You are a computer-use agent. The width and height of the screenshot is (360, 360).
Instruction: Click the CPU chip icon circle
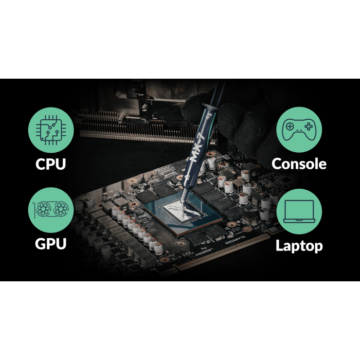pyautogui.click(x=51, y=130)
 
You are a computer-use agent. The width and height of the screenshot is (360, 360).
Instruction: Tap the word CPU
pyautogui.click(x=51, y=164)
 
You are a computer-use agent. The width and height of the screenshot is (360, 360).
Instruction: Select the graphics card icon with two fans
pyautogui.click(x=51, y=209)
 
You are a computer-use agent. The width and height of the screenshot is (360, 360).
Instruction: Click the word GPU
pyautogui.click(x=51, y=244)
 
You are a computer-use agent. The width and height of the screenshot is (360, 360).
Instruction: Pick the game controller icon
pyautogui.click(x=299, y=130)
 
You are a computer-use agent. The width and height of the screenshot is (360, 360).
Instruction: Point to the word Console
pyautogui.click(x=299, y=164)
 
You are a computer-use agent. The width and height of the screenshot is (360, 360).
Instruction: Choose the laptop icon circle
pyautogui.click(x=299, y=211)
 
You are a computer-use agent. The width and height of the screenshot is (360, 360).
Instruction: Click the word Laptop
pyautogui.click(x=299, y=246)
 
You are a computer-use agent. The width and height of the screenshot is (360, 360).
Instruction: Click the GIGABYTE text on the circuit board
pyautogui.click(x=235, y=240)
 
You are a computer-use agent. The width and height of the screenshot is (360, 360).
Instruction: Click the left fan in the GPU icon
pyautogui.click(x=43, y=209)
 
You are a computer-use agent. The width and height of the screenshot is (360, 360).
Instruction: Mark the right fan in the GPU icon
pyautogui.click(x=61, y=209)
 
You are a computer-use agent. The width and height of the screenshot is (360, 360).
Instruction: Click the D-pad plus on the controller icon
pyautogui.click(x=290, y=127)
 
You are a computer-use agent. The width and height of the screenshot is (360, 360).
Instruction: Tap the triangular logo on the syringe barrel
pyautogui.click(x=186, y=177)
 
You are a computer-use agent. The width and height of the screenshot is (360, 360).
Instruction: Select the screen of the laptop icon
pyautogui.click(x=299, y=210)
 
